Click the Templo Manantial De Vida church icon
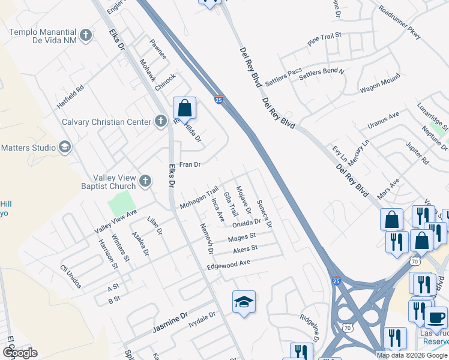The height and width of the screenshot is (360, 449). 86,35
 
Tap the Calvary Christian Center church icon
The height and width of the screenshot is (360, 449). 160,122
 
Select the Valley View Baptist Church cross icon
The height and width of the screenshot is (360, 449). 145,181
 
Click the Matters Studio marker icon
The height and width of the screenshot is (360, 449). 64,147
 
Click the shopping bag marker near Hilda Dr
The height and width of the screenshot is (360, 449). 185,109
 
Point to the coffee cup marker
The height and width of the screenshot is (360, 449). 436,316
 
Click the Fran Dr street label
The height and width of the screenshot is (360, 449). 189,164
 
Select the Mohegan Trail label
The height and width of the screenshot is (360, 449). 199,199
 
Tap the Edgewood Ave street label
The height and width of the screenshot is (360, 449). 228,264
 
